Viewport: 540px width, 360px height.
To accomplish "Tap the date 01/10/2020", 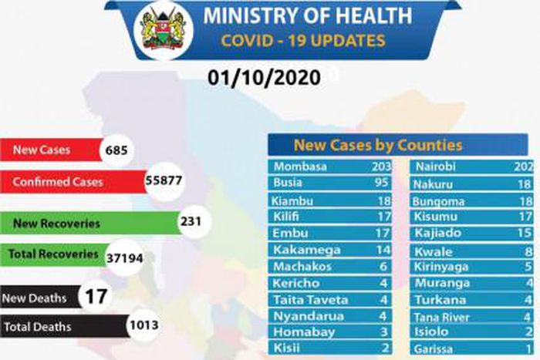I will coord(258,77).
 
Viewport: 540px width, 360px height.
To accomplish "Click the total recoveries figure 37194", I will coord(123,255).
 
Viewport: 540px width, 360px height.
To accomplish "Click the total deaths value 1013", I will coord(143,326).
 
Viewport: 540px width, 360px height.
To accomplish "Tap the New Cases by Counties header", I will coord(377,145).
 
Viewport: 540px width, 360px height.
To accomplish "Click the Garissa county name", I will coord(436,348).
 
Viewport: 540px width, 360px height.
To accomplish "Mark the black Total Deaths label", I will coord(38,327).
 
